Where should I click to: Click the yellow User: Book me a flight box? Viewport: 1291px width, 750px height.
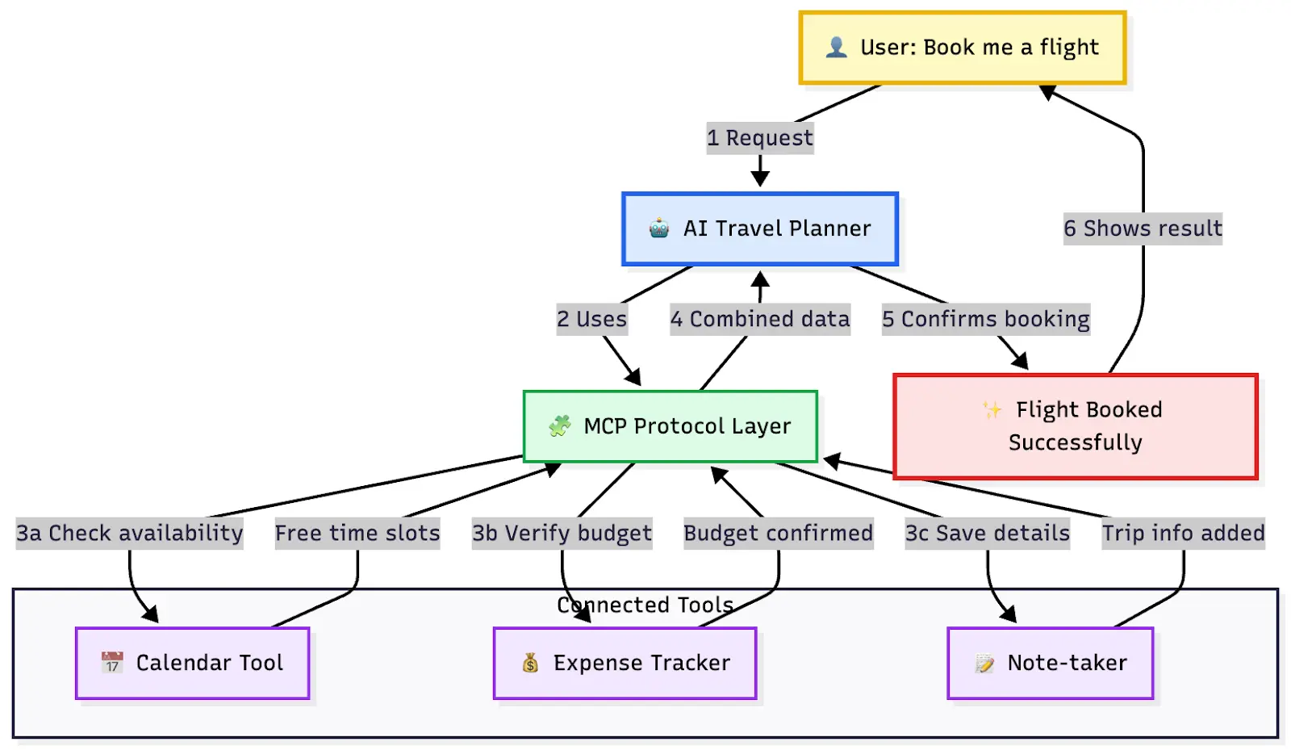pos(962,48)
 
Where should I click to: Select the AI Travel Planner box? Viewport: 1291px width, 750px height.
pos(759,228)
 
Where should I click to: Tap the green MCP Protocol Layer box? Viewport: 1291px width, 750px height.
pos(670,426)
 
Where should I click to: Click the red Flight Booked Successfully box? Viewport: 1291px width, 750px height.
pos(1075,426)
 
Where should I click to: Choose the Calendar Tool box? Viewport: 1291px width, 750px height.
pos(192,663)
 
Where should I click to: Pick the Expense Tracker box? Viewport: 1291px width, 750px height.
pos(625,663)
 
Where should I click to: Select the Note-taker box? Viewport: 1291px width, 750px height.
pos(1050,663)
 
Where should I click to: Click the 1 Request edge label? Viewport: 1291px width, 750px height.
pos(760,138)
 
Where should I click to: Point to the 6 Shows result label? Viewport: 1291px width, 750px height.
pos(1143,228)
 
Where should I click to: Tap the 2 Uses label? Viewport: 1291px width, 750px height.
pos(591,319)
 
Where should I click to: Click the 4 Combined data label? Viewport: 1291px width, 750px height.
pos(760,319)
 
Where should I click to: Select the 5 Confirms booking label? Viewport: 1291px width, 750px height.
pos(985,319)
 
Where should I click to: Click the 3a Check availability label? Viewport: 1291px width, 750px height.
pos(129,533)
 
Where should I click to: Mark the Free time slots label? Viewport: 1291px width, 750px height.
pos(357,533)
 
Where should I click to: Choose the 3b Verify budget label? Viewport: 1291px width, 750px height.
pos(562,533)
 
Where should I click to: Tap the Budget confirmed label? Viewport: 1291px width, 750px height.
pos(778,533)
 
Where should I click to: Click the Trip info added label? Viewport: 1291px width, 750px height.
pos(1183,533)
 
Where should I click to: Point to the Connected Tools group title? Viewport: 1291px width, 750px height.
pos(645,605)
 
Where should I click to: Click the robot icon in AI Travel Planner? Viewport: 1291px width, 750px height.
pos(659,228)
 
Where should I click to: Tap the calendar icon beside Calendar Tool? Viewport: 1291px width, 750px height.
pos(112,663)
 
